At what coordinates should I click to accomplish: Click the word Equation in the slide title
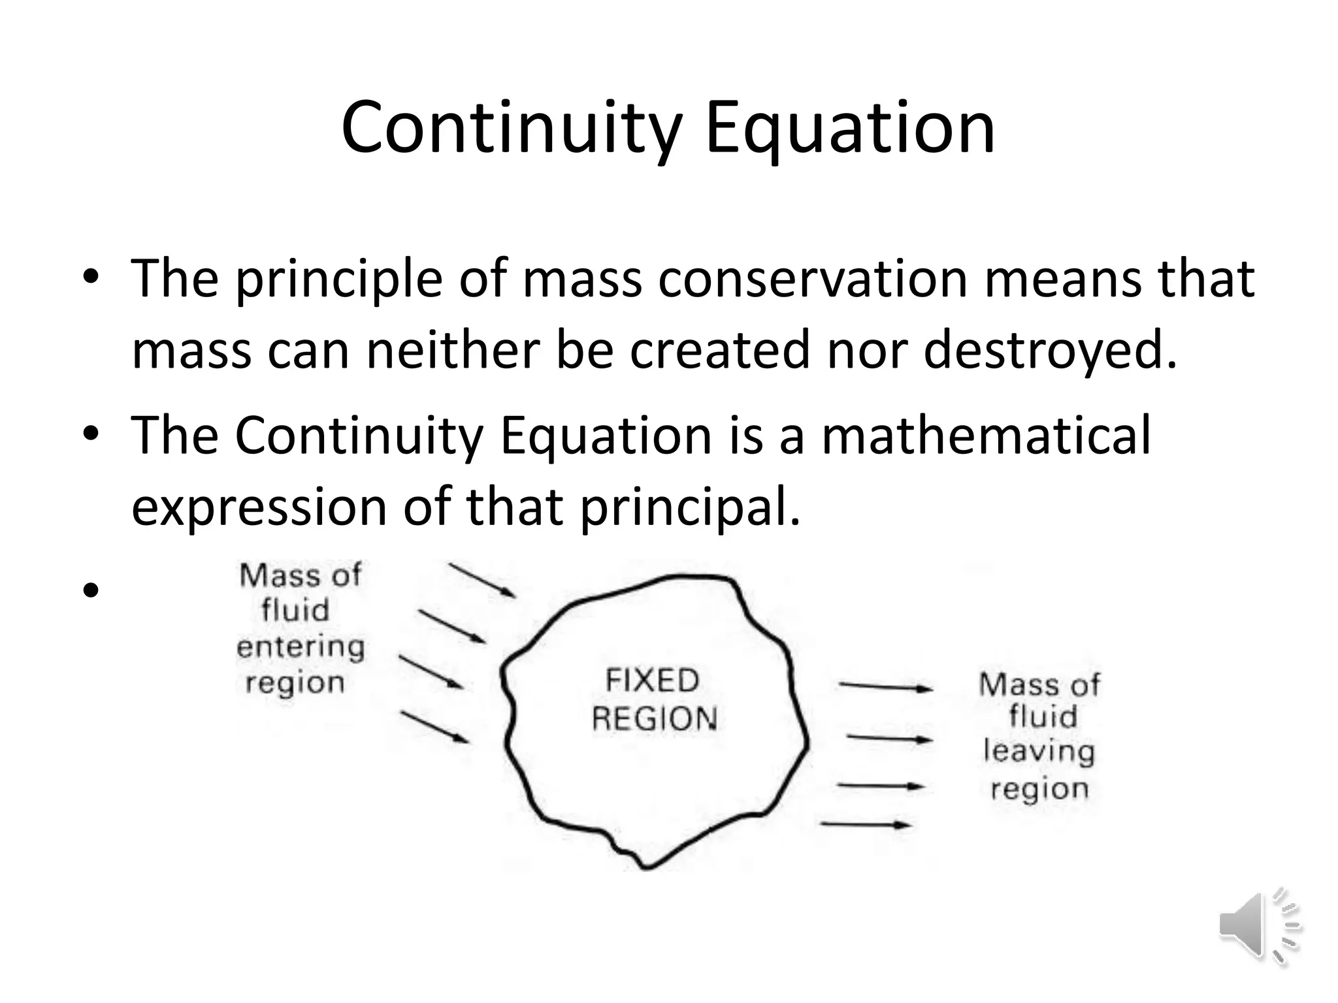[x=849, y=128]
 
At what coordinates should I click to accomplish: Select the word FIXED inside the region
[x=652, y=681]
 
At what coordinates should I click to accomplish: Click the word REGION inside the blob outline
[x=655, y=719]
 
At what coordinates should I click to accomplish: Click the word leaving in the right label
[x=1039, y=752]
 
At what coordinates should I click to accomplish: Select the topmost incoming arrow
[x=483, y=581]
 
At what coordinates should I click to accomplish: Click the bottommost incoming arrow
[x=434, y=727]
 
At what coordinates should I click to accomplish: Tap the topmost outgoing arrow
[x=885, y=686]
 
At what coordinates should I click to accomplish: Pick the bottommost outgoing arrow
[x=865, y=825]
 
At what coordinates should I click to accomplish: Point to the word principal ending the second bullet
[x=689, y=507]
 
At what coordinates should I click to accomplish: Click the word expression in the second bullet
[x=259, y=507]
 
